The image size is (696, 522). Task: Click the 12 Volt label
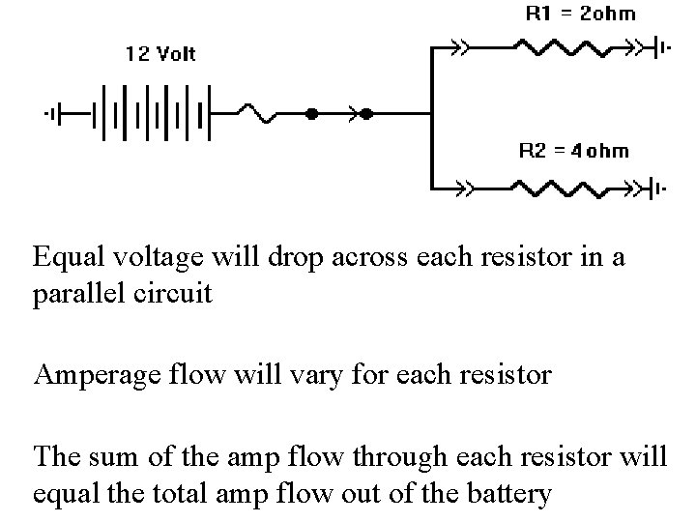[160, 54]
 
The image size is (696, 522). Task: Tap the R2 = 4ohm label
[573, 150]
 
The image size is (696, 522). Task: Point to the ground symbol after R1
[661, 46]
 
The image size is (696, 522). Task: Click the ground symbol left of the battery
[54, 114]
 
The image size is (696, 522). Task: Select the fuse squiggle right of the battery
[261, 114]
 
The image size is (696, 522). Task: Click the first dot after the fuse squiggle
[311, 114]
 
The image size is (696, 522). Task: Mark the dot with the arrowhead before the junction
[366, 114]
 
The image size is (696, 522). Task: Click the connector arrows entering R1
[461, 46]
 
